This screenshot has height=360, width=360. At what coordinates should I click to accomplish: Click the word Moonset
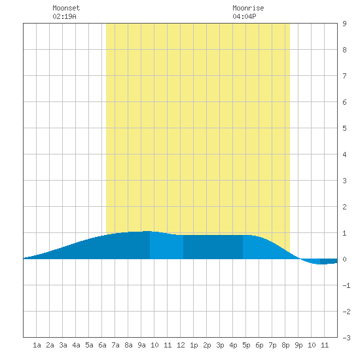66,8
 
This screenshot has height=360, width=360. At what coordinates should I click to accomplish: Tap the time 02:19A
64,16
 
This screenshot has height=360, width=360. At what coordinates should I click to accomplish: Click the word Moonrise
248,8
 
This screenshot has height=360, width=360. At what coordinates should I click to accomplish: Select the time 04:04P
244,16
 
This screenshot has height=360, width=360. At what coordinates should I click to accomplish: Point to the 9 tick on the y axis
344,24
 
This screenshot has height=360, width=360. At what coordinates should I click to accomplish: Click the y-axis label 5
344,128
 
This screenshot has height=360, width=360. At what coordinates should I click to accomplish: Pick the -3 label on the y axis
346,338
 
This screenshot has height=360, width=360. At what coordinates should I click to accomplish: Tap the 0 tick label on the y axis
344,259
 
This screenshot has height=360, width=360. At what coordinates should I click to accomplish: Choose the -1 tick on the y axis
346,285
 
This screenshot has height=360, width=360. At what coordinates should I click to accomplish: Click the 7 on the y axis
344,76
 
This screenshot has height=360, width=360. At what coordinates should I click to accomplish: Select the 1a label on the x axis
37,345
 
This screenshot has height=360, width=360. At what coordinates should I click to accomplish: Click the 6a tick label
102,345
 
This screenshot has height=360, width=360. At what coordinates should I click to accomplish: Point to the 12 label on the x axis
181,345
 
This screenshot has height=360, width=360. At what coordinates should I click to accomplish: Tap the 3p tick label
220,345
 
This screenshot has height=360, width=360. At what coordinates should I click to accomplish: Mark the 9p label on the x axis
298,345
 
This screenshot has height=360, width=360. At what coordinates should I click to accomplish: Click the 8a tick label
128,345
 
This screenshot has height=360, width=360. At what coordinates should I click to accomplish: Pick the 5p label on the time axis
246,345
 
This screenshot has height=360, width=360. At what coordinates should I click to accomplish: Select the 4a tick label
76,345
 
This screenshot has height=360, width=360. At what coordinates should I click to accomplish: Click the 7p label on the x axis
272,345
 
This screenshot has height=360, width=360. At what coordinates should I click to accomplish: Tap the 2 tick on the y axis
344,207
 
